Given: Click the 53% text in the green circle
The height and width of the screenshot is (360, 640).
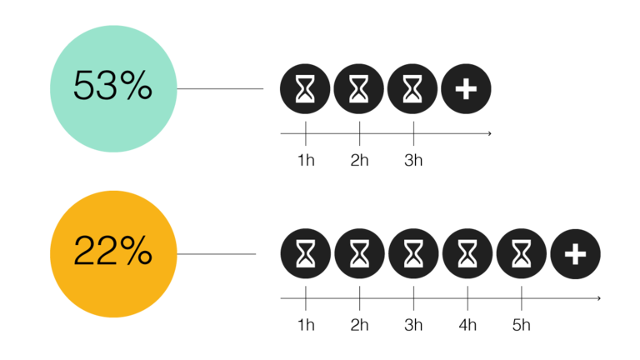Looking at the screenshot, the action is (112, 85).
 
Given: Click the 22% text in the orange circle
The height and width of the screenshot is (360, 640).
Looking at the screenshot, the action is (112, 250).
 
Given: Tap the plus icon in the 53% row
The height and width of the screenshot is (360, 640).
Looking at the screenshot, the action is (466, 88).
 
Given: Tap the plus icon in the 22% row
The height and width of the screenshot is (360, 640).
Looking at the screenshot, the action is (576, 254).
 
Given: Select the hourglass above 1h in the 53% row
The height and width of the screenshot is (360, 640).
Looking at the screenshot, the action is (305, 88).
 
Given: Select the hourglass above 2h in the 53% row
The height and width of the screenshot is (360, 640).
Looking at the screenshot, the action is (359, 88).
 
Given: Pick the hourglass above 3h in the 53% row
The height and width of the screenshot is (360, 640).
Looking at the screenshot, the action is (412, 88).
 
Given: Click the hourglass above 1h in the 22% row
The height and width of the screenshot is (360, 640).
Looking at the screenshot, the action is (305, 253).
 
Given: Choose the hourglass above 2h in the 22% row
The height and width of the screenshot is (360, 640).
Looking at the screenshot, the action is (360, 253).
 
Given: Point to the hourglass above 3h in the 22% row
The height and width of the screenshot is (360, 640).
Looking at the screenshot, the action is (413, 253).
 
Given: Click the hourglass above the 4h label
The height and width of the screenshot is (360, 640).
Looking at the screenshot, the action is (467, 253).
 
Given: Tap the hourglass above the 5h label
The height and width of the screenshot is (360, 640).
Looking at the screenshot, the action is (521, 253).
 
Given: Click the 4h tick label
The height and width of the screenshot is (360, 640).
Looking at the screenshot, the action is (467, 325).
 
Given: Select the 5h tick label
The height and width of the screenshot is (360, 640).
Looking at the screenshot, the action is (521, 325).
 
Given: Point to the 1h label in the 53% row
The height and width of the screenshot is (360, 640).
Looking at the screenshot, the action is (306, 160).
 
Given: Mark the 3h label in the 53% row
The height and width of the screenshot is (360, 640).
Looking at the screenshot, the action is (413, 160).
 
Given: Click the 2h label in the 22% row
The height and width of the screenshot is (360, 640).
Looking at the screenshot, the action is (360, 325).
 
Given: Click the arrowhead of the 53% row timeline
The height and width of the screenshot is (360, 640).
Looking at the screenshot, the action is (490, 133).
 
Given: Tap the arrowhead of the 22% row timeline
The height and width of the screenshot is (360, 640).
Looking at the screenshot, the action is (599, 298).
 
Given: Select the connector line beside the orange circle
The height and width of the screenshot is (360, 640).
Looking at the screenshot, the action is (217, 254).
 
